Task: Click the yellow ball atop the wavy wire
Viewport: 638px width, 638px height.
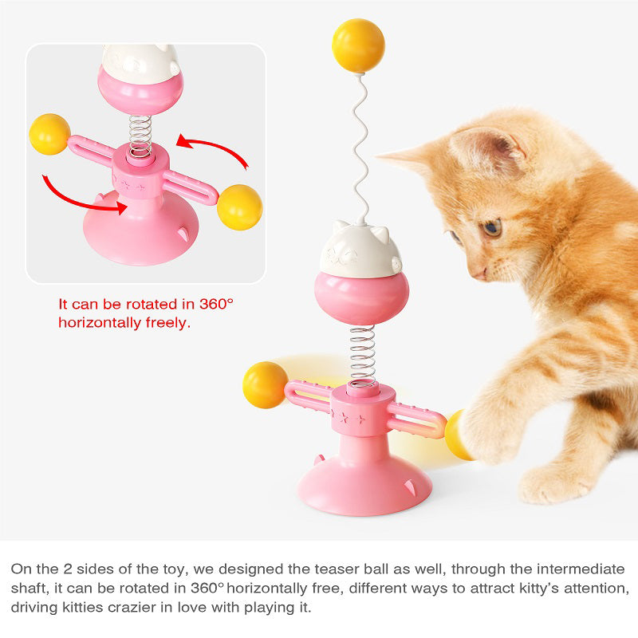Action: point(358,45)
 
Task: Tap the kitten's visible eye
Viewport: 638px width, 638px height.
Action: point(491,228)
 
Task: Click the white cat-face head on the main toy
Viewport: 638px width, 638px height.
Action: point(360,249)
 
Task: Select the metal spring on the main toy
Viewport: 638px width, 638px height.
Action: point(363,356)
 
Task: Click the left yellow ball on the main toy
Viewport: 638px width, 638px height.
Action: point(265,385)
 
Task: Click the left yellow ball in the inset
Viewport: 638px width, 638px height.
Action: point(49,134)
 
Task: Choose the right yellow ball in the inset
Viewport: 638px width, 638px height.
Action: point(239,207)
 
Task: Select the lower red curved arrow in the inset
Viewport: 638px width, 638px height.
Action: point(80,196)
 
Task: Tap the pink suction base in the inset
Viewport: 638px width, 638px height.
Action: point(140,237)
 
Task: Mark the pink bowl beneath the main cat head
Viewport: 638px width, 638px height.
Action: point(361,297)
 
